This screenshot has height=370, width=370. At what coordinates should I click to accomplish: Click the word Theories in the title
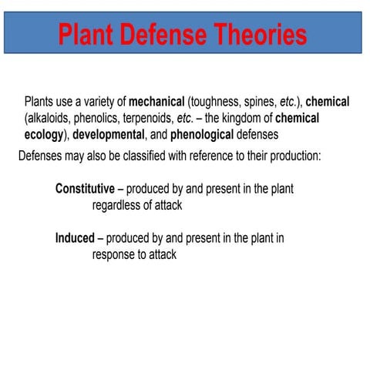[254, 33]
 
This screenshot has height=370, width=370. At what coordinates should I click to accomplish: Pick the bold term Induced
[74, 238]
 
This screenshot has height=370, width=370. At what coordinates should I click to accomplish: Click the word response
[117, 255]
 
